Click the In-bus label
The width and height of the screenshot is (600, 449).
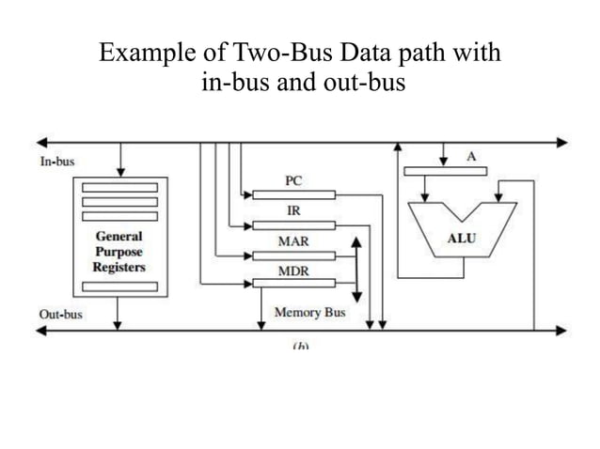point(56,162)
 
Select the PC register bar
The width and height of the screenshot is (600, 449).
point(293,194)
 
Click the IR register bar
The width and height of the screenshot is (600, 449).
point(293,225)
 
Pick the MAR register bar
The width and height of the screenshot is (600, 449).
point(293,255)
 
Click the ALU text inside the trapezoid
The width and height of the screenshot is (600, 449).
point(461,239)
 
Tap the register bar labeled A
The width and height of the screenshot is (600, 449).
point(445,171)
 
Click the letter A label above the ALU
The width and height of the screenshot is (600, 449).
point(471,157)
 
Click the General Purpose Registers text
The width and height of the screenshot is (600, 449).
point(118,252)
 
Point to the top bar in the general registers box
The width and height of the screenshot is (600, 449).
point(119,187)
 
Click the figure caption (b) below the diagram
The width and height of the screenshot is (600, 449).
point(300,346)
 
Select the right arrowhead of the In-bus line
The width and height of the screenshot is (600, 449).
point(561,144)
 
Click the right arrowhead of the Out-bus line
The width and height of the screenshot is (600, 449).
point(561,330)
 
